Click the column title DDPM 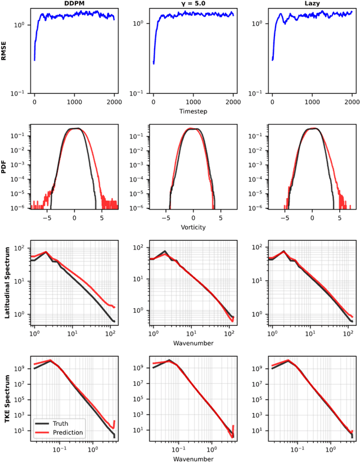tap(74, 3)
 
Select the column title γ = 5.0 tap(193, 3)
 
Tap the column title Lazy tap(312, 3)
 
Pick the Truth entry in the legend tap(62, 423)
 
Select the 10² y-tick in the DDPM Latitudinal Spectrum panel tap(21, 248)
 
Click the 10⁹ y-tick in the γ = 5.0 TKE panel tap(139, 367)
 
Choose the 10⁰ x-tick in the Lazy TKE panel tap(330, 450)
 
